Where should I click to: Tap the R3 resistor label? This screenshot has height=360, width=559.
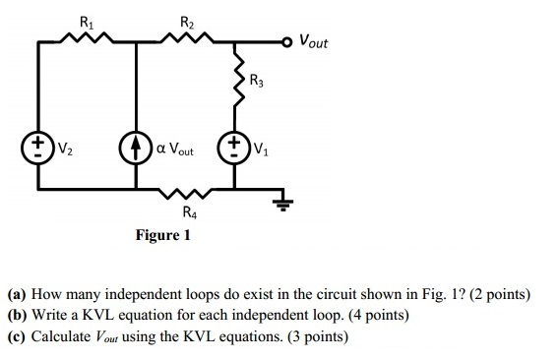[x=256, y=81]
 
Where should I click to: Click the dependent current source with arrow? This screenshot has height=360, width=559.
[x=137, y=150]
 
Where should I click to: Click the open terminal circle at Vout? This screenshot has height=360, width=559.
[x=287, y=42]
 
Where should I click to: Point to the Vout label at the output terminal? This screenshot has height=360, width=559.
[x=314, y=42]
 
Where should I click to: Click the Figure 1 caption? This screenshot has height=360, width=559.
[x=163, y=236]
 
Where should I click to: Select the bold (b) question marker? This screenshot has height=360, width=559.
[x=17, y=316]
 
